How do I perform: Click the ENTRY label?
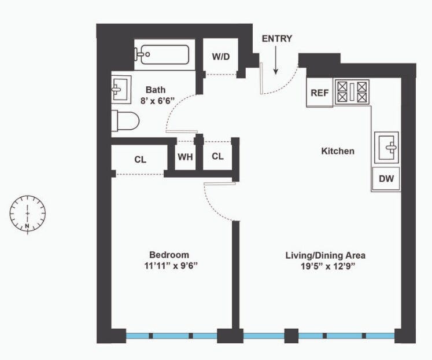(276, 39)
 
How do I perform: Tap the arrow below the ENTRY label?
(275, 60)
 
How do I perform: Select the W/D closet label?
(221, 57)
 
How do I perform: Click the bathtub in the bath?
(162, 54)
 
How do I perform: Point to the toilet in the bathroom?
(125, 121)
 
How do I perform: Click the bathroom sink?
(121, 90)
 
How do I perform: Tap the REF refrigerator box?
(320, 93)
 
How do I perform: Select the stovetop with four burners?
(352, 92)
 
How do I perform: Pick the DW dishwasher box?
(386, 179)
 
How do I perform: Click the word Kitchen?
(338, 151)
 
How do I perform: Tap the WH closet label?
(185, 157)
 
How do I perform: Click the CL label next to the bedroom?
(140, 160)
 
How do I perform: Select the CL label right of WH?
(217, 156)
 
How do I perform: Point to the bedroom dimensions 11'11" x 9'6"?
(171, 266)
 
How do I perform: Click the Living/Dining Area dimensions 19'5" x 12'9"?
(327, 267)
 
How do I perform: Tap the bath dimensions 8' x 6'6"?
(158, 101)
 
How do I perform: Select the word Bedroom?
(169, 255)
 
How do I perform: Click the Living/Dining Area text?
(326, 255)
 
